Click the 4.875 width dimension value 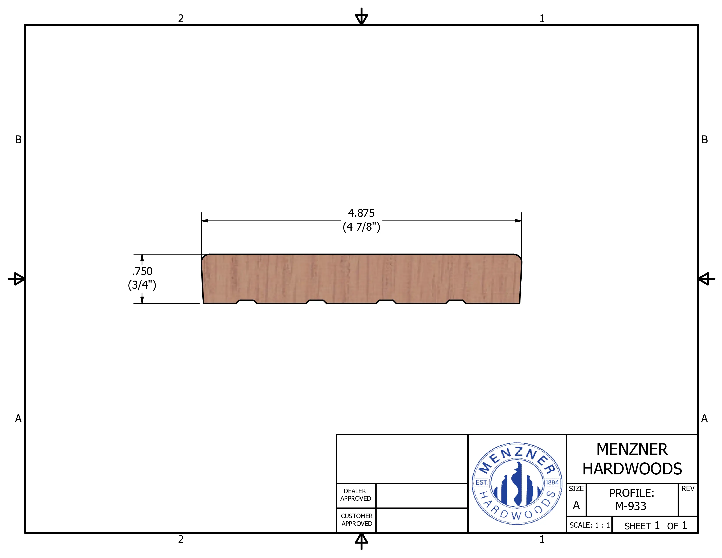point(361,213)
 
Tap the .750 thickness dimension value point(142,271)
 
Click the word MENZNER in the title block point(632,450)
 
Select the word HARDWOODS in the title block point(632,469)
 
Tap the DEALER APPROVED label point(356,495)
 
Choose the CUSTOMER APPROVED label point(357,520)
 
